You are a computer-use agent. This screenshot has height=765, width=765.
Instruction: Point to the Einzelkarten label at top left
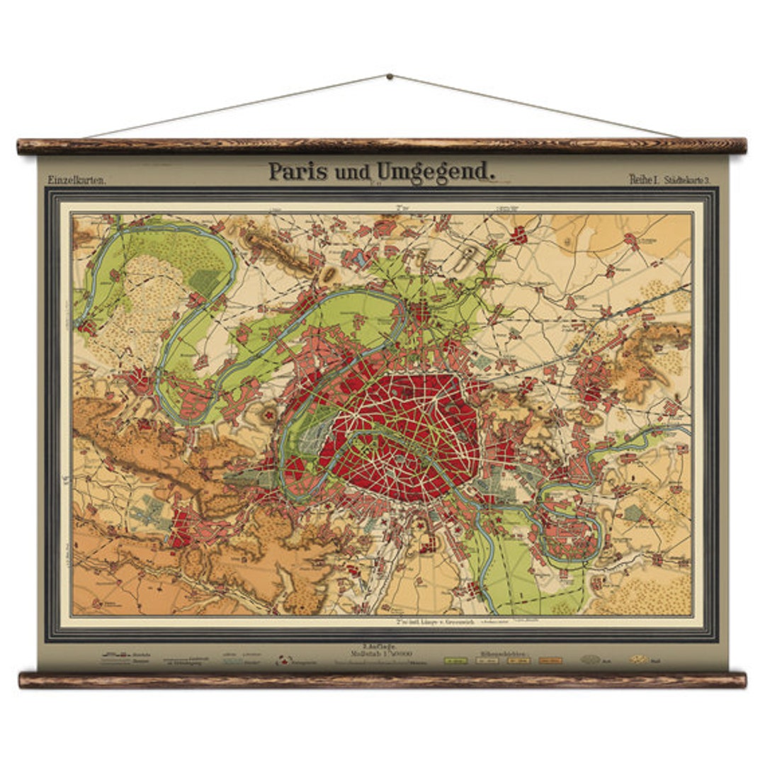pos(77,180)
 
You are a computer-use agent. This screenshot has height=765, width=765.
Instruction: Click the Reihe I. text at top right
pos(644,179)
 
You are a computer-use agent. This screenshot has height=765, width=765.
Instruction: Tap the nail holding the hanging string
pos(389,76)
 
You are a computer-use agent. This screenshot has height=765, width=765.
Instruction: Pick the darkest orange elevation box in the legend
pos(550,660)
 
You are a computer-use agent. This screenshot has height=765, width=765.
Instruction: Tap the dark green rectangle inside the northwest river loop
pos(205,282)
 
